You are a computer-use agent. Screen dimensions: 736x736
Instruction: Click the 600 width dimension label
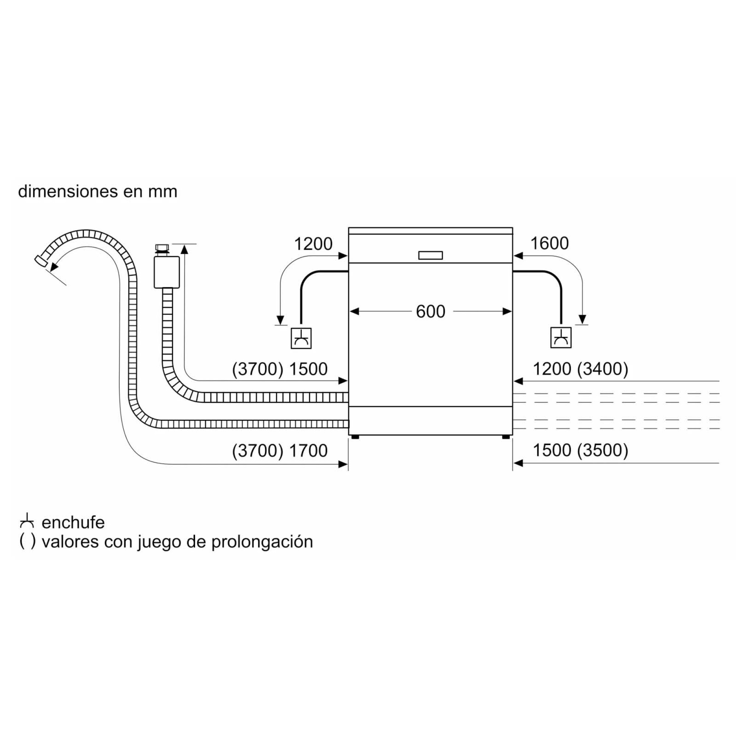[431, 312]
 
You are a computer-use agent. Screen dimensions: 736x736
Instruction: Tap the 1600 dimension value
[549, 243]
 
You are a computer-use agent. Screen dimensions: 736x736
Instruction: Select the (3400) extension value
[603, 369]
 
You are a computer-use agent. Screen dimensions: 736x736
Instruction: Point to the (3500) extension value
[603, 451]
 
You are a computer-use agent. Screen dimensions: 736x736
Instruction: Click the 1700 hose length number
[308, 451]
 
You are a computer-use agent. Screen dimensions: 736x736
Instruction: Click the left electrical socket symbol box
[301, 338]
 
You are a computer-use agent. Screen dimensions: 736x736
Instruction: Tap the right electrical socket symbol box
[561, 337]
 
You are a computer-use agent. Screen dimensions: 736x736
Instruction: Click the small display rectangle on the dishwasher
[431, 256]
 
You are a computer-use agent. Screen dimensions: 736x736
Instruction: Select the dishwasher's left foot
[355, 437]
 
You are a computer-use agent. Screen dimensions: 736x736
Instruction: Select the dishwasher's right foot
[506, 437]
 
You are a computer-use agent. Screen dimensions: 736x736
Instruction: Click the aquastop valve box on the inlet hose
[167, 272]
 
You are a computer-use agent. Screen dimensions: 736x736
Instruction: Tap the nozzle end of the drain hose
[40, 261]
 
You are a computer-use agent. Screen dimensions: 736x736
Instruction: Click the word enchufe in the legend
[73, 522]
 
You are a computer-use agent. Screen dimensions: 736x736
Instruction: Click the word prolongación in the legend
[262, 542]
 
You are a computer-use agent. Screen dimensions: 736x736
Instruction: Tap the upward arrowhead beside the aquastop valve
[185, 249]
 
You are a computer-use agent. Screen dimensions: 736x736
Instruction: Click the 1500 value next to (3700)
[308, 369]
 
